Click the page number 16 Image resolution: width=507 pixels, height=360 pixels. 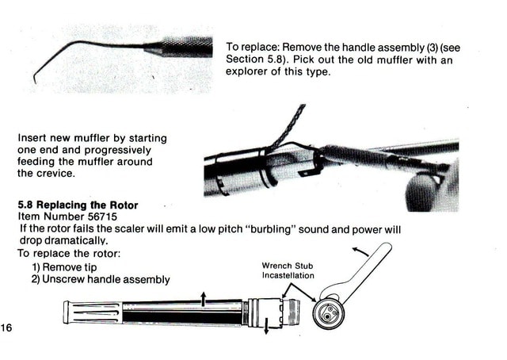[6, 327]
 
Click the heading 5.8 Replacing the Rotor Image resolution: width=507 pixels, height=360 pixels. [78, 205]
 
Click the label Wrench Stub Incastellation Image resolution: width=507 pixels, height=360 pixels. [288, 270]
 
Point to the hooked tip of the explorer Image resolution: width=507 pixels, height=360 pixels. [35, 79]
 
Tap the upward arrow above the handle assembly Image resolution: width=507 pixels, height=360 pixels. [203, 298]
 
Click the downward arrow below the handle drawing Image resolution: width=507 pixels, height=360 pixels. [266, 326]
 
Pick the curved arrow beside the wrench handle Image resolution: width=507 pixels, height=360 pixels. [360, 251]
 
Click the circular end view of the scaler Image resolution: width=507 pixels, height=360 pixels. [328, 313]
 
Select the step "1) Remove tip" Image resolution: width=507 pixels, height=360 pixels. [64, 267]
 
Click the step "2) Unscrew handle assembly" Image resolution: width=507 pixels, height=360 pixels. [101, 279]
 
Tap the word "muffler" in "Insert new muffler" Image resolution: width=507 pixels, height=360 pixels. [92, 138]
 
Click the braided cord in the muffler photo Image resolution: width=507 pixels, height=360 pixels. [288, 126]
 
